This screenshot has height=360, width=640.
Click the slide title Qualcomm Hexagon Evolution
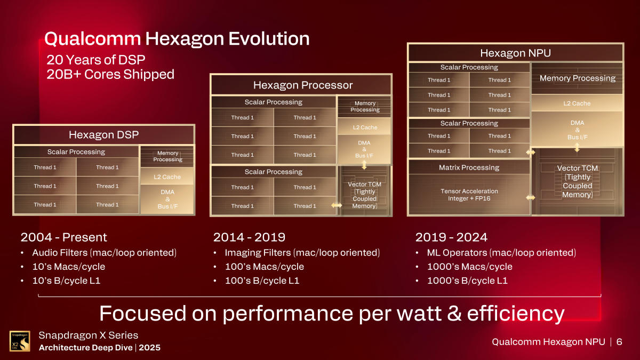point(177,38)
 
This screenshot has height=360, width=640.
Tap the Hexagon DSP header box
point(104,135)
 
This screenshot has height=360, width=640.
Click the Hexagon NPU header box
point(515,53)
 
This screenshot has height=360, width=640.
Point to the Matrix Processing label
point(469,167)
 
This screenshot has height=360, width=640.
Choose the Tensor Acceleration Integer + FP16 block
point(469,195)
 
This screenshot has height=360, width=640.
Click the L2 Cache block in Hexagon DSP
point(167,177)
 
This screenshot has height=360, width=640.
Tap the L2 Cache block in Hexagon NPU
point(577,103)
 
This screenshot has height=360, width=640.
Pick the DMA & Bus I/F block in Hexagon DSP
point(167,199)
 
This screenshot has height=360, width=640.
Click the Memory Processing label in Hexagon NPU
point(577,78)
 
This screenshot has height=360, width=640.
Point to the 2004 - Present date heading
point(63,237)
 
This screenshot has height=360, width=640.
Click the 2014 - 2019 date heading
point(249,237)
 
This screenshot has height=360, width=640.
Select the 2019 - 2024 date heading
point(451,237)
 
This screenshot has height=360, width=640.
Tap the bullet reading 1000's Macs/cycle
point(469,267)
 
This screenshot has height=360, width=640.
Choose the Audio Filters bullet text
point(104,253)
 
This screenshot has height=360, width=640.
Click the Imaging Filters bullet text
point(301,253)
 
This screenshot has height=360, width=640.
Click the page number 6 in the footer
point(619,342)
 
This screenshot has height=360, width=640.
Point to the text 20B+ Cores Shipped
point(110,74)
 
